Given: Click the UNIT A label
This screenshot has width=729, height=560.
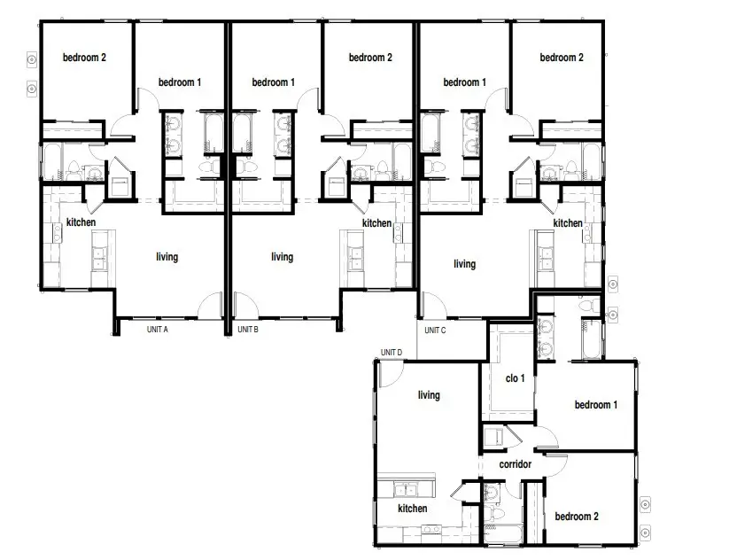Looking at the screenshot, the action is (157, 330).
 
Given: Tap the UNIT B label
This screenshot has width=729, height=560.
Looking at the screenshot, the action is (248, 330).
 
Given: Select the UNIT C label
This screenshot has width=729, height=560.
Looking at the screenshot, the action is (435, 331).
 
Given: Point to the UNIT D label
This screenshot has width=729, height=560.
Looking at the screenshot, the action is (392, 353).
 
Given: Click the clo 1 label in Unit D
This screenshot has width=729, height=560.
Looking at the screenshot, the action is (516, 378).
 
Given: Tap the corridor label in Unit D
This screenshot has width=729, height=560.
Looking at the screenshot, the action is (516, 464).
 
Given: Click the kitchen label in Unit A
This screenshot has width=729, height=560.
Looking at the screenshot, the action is (81, 222).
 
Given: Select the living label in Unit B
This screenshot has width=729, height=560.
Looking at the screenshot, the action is (283, 257).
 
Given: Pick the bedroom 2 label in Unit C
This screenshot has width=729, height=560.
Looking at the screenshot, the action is (562, 58).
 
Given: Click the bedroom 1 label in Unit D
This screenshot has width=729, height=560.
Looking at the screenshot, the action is (596, 405).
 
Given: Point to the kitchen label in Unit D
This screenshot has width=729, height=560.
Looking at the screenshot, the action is (413, 509).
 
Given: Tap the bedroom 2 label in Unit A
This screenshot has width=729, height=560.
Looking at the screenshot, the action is (85, 58).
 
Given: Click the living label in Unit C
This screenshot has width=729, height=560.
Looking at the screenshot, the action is (464, 264).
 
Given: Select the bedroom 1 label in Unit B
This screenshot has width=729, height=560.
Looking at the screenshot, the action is (274, 82).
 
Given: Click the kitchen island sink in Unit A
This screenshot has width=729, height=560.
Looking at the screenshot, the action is (99, 258).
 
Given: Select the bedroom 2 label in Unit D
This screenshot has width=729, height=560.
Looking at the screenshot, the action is (577, 517).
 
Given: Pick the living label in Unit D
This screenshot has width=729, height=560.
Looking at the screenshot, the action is (429, 395).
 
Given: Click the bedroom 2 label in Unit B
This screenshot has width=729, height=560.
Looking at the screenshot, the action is (370, 58).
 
